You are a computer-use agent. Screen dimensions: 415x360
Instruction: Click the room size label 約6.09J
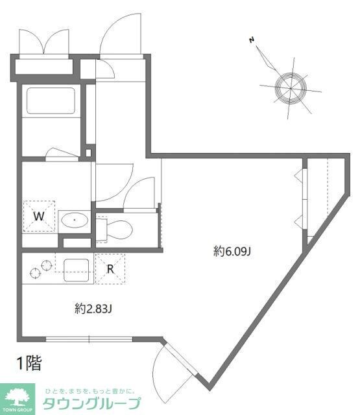[x=232, y=252]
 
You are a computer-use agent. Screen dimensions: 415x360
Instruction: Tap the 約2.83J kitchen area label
[x=93, y=309]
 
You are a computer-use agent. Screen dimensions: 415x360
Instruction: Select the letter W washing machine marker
[x=39, y=217]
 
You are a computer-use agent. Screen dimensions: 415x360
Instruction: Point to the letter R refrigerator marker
[x=110, y=268]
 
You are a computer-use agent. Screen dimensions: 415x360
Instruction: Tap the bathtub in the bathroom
[x=51, y=101]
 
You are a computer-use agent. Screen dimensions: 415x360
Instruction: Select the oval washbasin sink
[x=77, y=220]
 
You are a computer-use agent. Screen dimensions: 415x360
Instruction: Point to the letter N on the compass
[x=251, y=40]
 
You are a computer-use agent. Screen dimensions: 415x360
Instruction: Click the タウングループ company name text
[x=91, y=404]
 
